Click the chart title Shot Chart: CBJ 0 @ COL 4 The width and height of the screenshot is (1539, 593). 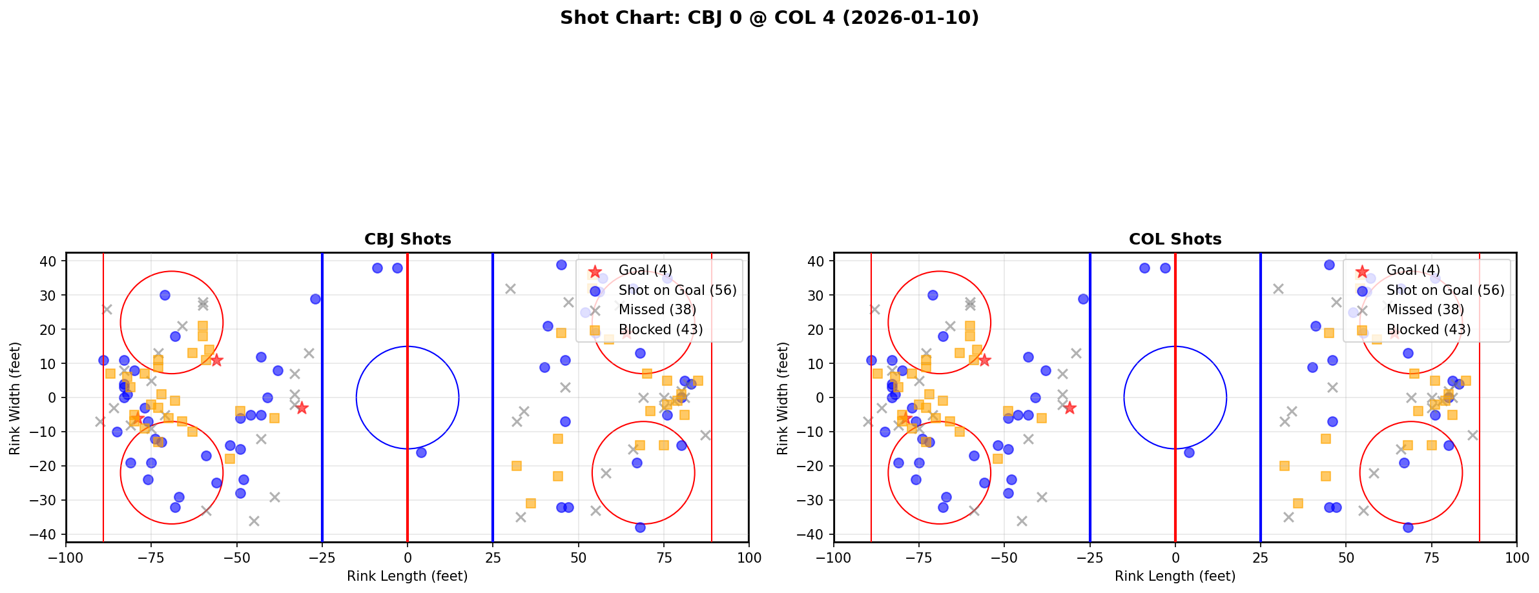coord(769,18)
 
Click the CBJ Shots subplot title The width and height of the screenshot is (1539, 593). coord(408,239)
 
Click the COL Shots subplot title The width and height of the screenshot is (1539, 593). coord(1175,239)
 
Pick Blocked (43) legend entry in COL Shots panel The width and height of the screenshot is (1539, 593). coord(1428,330)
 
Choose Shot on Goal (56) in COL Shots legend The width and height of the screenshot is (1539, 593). coord(1445,290)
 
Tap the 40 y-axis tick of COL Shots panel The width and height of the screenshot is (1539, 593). coord(816,261)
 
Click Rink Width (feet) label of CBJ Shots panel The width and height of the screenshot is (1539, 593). coord(15,398)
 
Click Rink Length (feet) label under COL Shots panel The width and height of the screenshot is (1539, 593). coord(1175,576)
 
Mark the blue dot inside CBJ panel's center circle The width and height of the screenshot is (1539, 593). coord(421,452)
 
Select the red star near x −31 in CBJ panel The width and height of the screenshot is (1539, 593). coord(302,408)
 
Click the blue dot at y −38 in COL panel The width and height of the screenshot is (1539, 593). coord(1408,527)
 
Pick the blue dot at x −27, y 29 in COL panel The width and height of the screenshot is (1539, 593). coord(1083,299)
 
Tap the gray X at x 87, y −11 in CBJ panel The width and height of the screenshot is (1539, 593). coord(705,435)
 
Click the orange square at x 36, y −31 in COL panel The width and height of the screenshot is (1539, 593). coord(1298,503)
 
